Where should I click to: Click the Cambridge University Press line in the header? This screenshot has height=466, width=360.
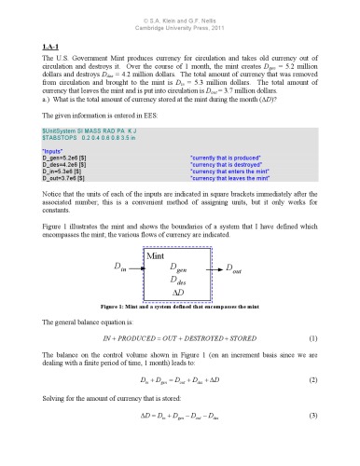[x=180, y=17]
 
